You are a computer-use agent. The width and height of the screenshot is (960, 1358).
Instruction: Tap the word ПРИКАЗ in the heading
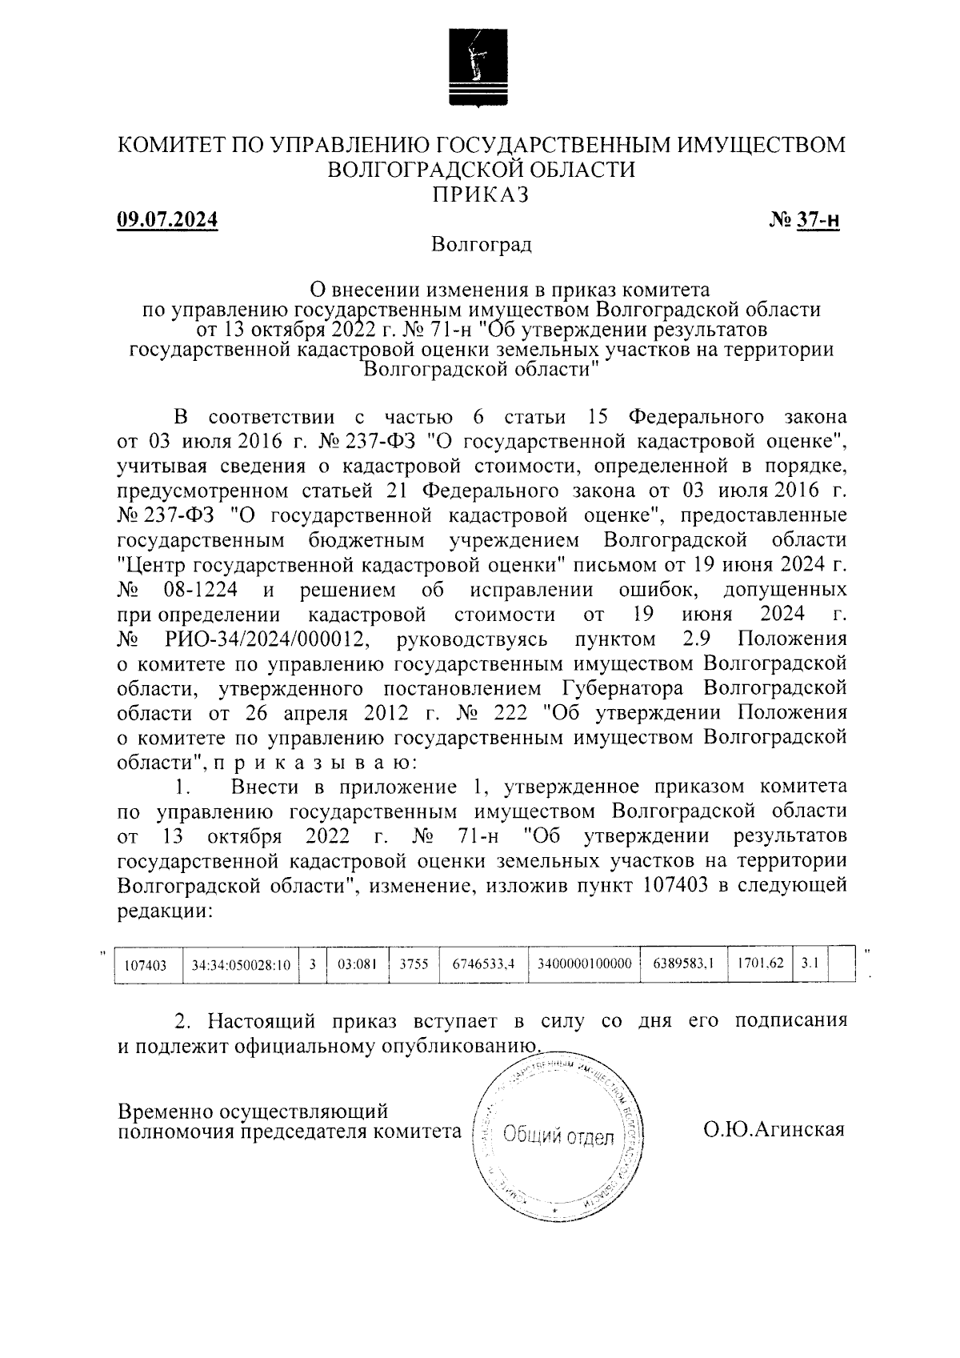click(x=480, y=194)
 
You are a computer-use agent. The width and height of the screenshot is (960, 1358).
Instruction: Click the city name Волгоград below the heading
click(x=480, y=244)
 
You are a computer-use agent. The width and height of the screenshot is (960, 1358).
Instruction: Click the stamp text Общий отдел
click(x=559, y=1136)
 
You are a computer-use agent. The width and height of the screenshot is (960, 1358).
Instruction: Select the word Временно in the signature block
click(x=166, y=1112)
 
